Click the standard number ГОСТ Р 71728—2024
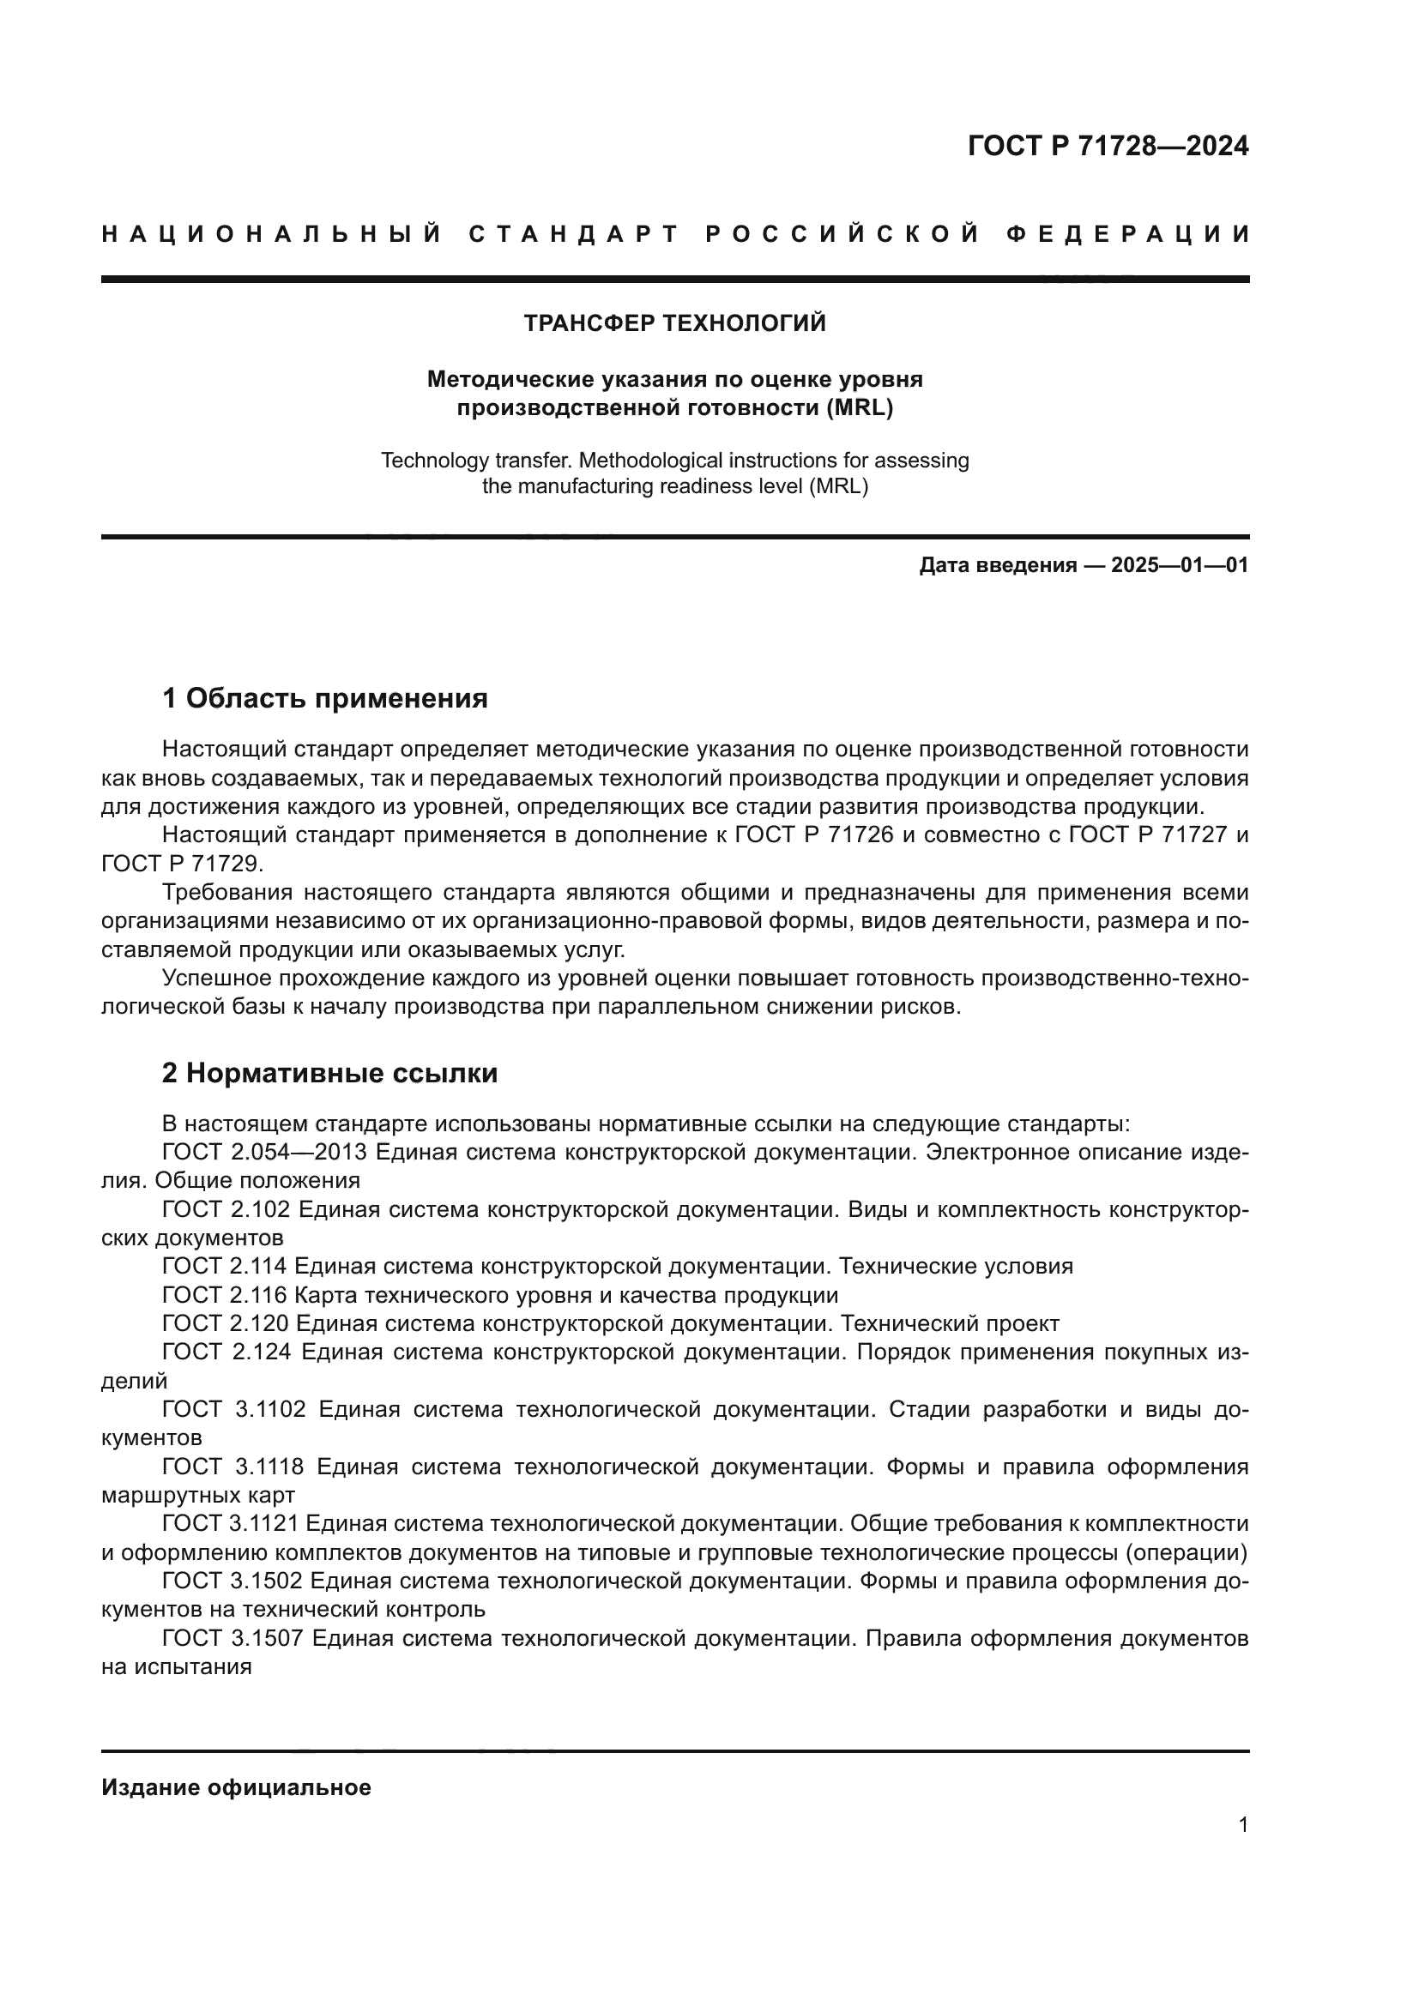[1107, 146]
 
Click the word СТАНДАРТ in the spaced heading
[573, 234]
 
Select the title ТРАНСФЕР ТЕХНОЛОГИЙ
[674, 323]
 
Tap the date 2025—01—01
[1179, 565]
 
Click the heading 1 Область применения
[324, 698]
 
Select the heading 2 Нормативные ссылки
[329, 1073]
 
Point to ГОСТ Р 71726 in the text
[813, 835]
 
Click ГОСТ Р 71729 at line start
[180, 864]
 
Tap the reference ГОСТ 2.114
[224, 1267]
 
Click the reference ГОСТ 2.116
[224, 1295]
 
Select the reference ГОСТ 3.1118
[232, 1467]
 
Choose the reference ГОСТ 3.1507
[232, 1639]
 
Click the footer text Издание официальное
[236, 1787]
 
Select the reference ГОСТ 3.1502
[232, 1581]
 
